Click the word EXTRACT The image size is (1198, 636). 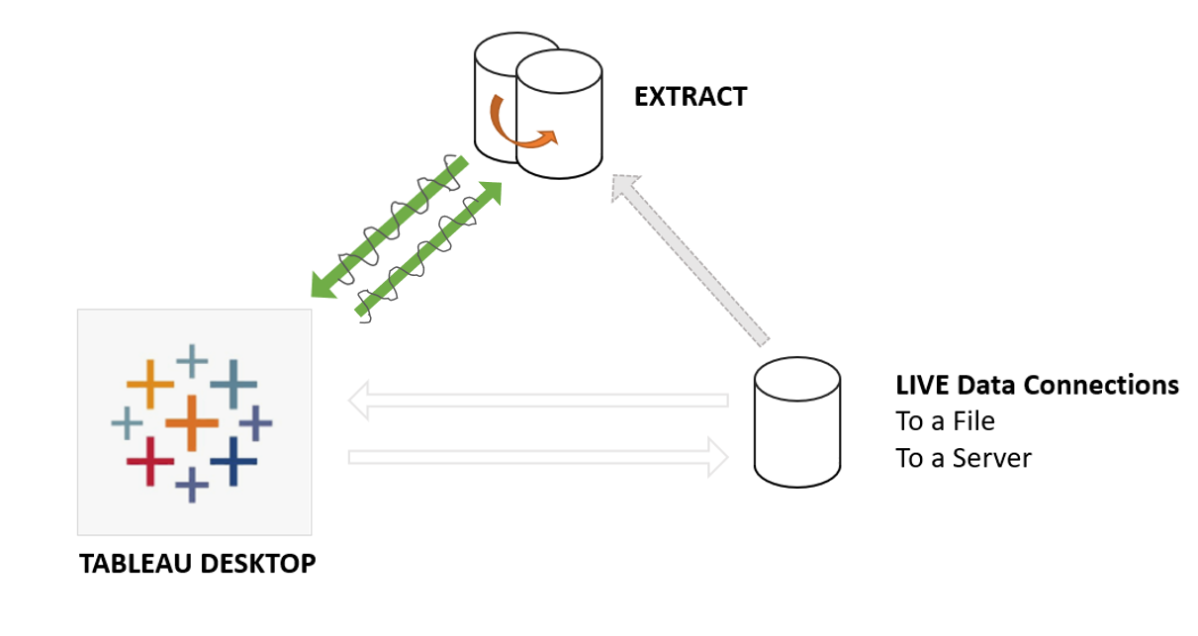tap(691, 97)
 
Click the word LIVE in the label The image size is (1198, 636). tap(923, 385)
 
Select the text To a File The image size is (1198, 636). tap(945, 421)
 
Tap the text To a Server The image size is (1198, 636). tap(964, 458)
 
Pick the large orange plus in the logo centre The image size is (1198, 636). tap(192, 423)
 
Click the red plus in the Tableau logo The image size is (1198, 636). tap(150, 461)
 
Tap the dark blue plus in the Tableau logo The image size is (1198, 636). tap(233, 461)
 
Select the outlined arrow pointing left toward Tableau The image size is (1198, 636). tap(539, 401)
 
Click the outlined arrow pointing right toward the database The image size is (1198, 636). tap(539, 457)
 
